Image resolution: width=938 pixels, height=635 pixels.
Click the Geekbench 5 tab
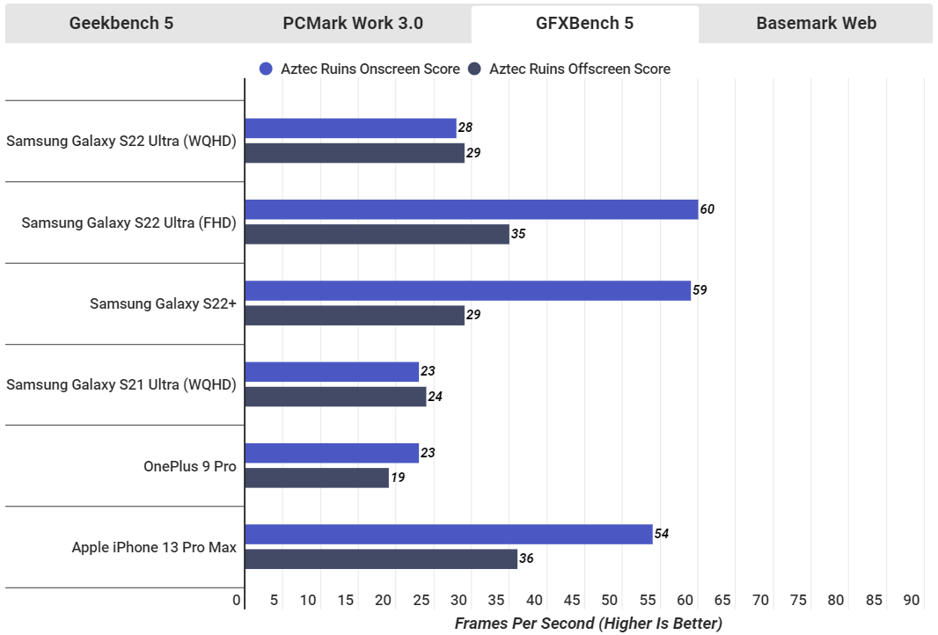coord(121,24)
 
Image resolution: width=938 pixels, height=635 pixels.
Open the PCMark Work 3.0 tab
coord(353,24)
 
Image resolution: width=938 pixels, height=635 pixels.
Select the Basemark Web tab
coord(817,24)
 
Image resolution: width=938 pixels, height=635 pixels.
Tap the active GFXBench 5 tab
coord(584,24)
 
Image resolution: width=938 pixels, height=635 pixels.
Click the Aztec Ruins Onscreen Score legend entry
coord(360,69)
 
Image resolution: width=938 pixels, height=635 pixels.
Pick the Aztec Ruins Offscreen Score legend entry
coord(569,69)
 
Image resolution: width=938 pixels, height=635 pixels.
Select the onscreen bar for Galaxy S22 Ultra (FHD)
coord(471,209)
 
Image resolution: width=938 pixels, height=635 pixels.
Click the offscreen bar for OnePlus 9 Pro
coord(317,478)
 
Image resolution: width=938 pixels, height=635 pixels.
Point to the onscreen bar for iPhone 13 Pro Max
coord(449,534)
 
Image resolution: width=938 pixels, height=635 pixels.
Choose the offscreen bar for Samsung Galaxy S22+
coord(355,315)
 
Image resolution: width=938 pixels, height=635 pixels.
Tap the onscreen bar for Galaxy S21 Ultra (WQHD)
coord(332,372)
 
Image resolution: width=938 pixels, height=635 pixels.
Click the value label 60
coord(707,209)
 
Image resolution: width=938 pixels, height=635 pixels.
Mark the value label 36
coord(526,558)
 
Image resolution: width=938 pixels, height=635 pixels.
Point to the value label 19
coord(399,478)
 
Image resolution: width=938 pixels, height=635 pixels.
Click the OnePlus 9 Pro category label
coord(190,466)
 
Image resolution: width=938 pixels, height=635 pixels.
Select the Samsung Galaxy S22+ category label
coord(163,303)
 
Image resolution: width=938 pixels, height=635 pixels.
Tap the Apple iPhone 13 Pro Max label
coord(154,547)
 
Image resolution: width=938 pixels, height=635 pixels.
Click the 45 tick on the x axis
coord(572,601)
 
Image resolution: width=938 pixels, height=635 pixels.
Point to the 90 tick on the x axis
coord(911,601)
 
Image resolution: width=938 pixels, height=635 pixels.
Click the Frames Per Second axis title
coord(588,624)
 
